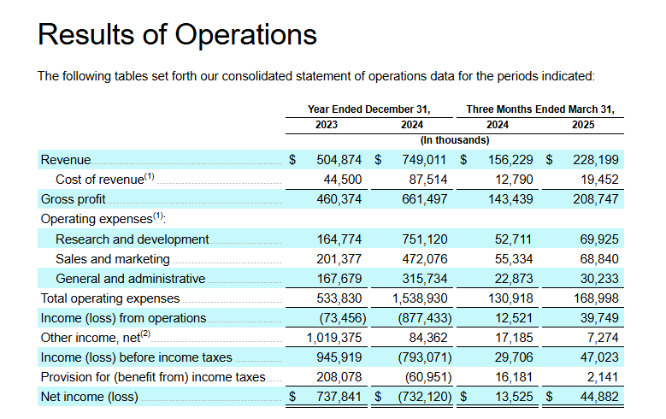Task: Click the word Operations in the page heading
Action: tap(246, 34)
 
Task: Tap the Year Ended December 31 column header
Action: tap(368, 109)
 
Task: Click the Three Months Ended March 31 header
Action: tap(540, 109)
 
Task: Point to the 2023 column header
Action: tap(326, 125)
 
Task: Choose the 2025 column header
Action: tap(583, 125)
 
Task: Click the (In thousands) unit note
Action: tap(455, 139)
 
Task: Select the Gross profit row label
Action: tap(74, 199)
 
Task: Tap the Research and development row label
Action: tap(132, 239)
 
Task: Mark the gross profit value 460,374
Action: tap(339, 199)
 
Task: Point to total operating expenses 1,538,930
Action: tap(421, 298)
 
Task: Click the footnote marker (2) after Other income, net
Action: tap(144, 334)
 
